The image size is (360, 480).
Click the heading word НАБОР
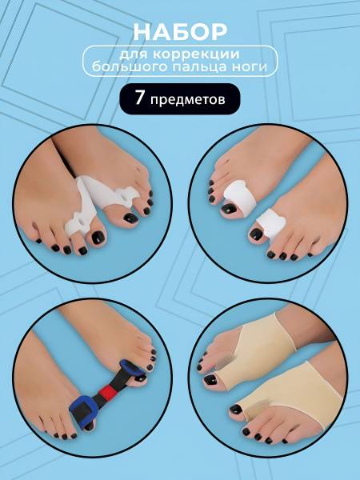pos(180,31)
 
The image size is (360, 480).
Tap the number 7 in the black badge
pos(139,98)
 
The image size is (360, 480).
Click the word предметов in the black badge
pos(188,100)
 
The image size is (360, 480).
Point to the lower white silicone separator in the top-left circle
pos(80,211)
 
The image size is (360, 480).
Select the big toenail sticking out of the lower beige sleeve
pos(236,409)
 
